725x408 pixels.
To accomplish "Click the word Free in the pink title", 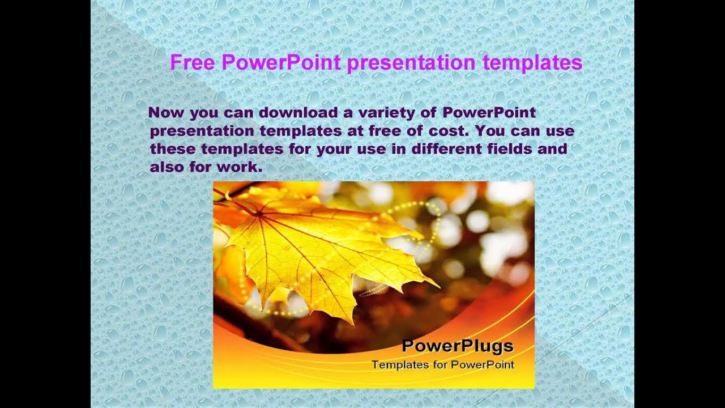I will pos(193,62).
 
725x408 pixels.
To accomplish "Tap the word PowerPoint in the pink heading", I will pos(281,62).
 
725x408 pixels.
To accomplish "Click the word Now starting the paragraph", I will pos(167,112).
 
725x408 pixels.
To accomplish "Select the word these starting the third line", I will pos(173,149).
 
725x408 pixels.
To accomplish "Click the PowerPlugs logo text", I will pos(458,346).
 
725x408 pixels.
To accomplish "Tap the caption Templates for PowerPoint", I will pos(443,365).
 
